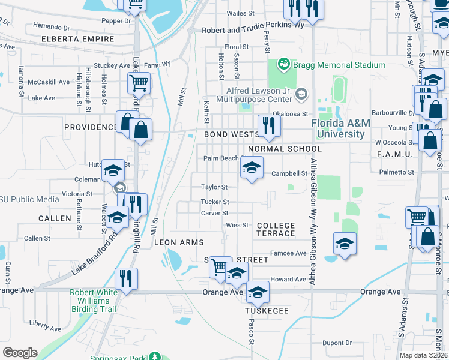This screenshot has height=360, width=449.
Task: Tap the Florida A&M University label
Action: [x=340, y=128]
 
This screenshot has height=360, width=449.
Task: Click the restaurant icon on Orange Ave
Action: [x=127, y=279]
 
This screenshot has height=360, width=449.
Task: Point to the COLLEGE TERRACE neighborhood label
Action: [x=276, y=229]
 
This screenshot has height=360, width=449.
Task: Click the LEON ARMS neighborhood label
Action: [x=179, y=242]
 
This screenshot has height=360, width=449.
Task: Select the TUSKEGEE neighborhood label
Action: [x=267, y=311]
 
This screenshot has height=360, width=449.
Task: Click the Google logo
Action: [x=20, y=353]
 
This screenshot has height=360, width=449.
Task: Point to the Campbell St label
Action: [x=289, y=174]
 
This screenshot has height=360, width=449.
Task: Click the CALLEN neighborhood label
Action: [x=55, y=218]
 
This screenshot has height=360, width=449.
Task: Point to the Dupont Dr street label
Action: [x=336, y=343]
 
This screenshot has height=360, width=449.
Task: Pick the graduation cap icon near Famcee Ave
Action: [x=345, y=244]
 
